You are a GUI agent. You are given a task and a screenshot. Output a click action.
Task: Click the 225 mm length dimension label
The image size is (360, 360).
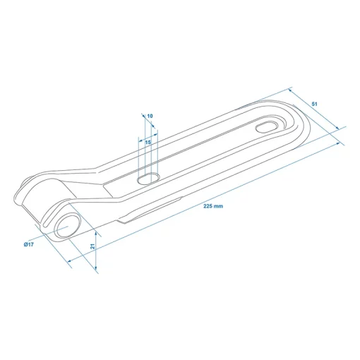click(x=213, y=206)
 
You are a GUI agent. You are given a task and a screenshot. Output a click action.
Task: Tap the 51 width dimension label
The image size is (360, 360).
click(x=314, y=104)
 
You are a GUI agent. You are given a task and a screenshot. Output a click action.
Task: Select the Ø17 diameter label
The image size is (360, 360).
click(x=29, y=244)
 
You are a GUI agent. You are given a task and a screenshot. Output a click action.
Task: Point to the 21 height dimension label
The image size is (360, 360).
click(x=92, y=246)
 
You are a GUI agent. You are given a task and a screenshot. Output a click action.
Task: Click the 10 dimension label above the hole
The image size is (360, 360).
click(x=150, y=116)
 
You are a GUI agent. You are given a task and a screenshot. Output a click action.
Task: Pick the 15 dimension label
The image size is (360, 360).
click(x=148, y=143)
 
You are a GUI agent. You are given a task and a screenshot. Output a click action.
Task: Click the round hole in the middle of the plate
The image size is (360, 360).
click(x=149, y=179)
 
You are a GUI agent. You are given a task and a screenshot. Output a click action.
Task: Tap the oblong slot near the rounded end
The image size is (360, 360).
click(x=266, y=127)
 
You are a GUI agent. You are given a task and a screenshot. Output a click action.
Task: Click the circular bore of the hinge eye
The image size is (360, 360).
click(x=67, y=225)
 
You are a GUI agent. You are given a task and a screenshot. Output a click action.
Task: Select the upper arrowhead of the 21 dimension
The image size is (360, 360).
click(x=96, y=234)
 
